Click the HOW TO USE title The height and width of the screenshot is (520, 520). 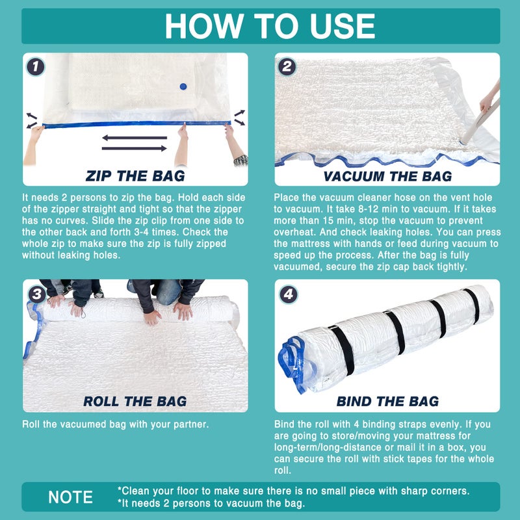click(x=270, y=25)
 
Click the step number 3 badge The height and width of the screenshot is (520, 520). click(x=36, y=294)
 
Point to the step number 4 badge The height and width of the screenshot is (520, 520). click(x=288, y=294)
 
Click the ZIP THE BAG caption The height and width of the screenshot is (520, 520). click(x=135, y=175)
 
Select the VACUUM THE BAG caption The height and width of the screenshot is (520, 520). click(x=387, y=175)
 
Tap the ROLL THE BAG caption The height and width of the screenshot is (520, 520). click(x=135, y=401)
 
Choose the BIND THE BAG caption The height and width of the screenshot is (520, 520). click(x=387, y=401)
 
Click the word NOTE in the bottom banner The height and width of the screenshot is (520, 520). click(x=71, y=497)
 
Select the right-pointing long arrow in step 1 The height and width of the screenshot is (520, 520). click(x=133, y=148)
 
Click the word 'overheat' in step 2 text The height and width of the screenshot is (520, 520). click(x=296, y=232)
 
